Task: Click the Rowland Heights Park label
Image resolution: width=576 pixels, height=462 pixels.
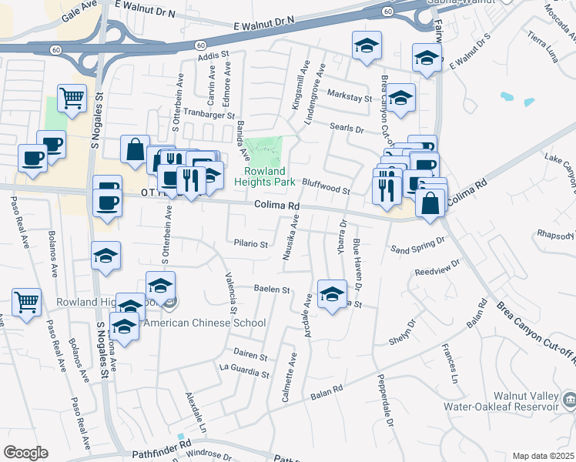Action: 265,176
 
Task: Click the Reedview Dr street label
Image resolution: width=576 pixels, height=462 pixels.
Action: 437,273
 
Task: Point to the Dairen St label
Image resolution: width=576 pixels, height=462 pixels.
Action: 251,357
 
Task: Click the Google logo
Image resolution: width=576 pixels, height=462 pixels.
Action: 25,453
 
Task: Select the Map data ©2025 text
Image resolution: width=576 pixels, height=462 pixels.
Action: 543,456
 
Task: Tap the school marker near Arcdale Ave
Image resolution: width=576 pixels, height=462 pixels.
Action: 332,293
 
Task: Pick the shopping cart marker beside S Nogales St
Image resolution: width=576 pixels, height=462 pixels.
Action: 72,98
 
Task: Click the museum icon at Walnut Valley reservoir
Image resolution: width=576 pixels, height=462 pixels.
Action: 569,398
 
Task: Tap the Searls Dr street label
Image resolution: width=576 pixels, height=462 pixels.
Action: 348,129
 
